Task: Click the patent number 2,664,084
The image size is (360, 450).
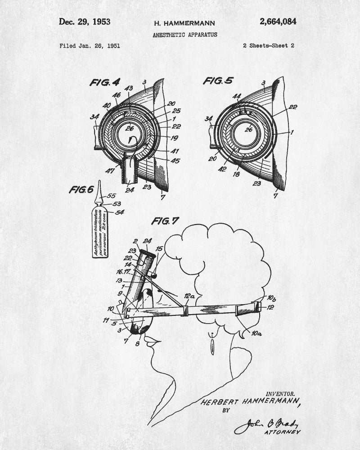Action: pyautogui.click(x=278, y=22)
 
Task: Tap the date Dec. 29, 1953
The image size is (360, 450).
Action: pyautogui.click(x=85, y=22)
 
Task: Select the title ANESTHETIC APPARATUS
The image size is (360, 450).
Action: pyautogui.click(x=184, y=35)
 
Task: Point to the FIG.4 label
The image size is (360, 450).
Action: pyautogui.click(x=105, y=82)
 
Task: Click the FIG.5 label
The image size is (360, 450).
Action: pyautogui.click(x=218, y=81)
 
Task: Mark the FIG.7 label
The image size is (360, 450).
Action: pyautogui.click(x=165, y=221)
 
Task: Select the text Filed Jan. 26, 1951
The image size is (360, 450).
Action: pyautogui.click(x=90, y=45)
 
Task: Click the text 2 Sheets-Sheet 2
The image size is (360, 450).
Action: pyautogui.click(x=268, y=45)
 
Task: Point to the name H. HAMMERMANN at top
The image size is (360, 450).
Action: pyautogui.click(x=184, y=23)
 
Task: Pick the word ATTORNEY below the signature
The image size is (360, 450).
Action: pyautogui.click(x=283, y=432)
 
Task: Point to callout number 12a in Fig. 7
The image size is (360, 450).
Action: pyautogui.click(x=189, y=297)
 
